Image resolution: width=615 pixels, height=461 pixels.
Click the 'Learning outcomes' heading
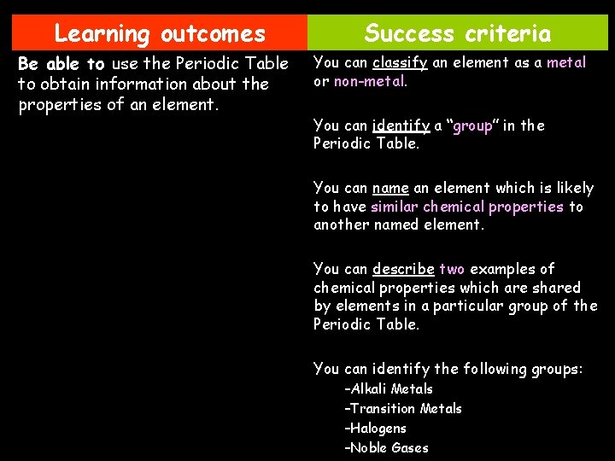160,34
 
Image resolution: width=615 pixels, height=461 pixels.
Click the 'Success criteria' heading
458,34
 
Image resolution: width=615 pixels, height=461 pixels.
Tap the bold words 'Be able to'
61,64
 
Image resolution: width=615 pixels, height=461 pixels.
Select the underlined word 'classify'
400,62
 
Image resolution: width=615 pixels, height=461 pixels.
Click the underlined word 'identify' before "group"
401,126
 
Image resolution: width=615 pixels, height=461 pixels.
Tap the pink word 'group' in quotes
473,126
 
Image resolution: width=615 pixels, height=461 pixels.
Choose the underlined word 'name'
390,188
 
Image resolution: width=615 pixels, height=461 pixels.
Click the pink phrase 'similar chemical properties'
467,207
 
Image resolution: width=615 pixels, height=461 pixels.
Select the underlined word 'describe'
403,269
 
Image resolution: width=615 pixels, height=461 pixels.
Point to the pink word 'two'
452,269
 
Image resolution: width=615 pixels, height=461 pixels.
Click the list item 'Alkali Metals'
389,389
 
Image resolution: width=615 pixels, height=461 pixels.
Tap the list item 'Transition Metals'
403,409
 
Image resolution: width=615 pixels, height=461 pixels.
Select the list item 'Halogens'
376,429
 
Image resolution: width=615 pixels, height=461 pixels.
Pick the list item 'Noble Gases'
387,448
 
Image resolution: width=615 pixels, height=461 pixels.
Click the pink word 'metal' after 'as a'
566,62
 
